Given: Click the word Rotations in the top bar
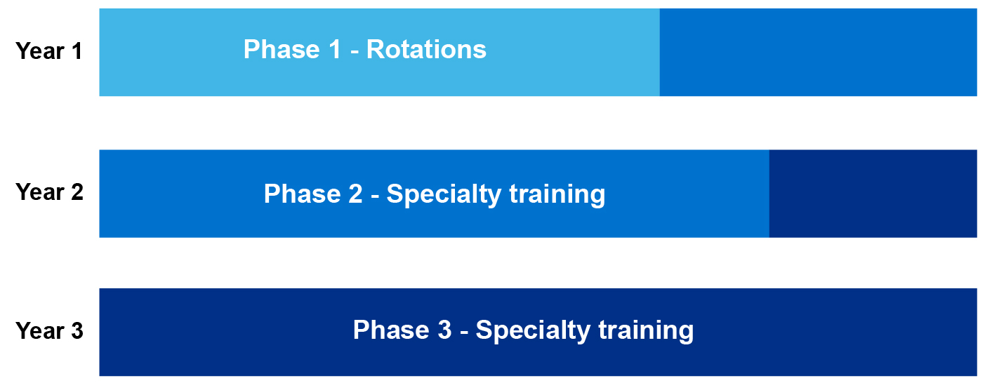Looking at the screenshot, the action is coord(426,49).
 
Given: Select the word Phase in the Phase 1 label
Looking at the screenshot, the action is coord(282,49).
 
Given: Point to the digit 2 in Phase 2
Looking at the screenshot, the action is coord(355,194).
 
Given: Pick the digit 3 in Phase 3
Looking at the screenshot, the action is coord(444,330).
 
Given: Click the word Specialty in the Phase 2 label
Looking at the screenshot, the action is coord(443,195).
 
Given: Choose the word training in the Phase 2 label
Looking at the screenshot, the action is coord(557,195).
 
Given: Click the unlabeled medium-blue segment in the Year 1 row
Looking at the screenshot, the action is coord(819,53).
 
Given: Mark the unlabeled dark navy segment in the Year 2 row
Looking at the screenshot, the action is coord(873,194).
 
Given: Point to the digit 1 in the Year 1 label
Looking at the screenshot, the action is coord(77,51).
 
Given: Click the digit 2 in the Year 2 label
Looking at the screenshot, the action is coord(77,192).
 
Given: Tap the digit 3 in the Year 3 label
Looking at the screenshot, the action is coord(77,330).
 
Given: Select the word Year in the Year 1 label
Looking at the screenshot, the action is coord(40,51).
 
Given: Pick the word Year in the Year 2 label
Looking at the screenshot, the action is coord(40,192).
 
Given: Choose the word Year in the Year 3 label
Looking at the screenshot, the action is coord(40,330).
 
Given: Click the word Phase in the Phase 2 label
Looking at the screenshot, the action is coord(302,194).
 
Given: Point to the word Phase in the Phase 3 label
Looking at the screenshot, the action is coord(391,330).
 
